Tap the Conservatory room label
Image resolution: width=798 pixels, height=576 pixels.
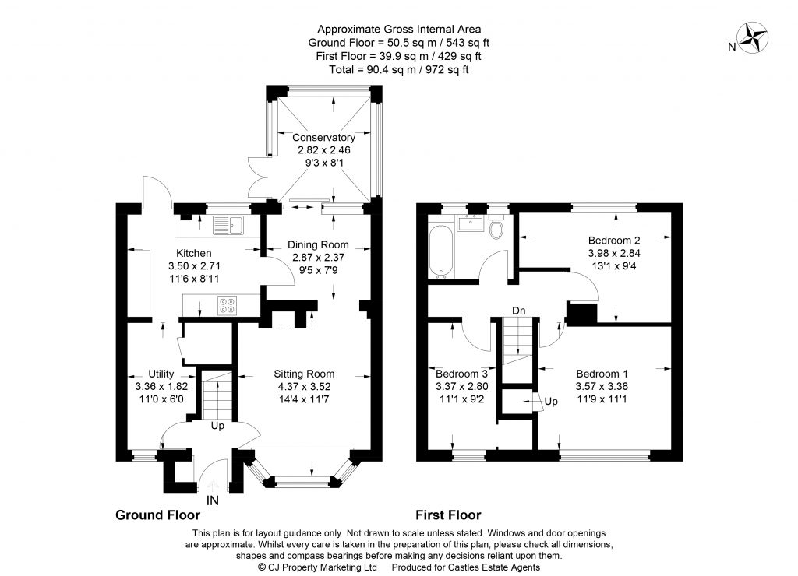coord(325,138)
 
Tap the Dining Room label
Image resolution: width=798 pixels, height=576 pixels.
coord(319,244)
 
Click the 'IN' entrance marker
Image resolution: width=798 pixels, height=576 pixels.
coord(214,502)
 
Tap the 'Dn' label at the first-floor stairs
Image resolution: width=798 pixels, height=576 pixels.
coord(517,310)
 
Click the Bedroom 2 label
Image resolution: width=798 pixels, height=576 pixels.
coord(614,240)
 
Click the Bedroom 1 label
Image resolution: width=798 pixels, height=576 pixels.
coord(601,373)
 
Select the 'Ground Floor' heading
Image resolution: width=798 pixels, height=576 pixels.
coord(157,515)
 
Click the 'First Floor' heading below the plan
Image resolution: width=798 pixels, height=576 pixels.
coord(447,515)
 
